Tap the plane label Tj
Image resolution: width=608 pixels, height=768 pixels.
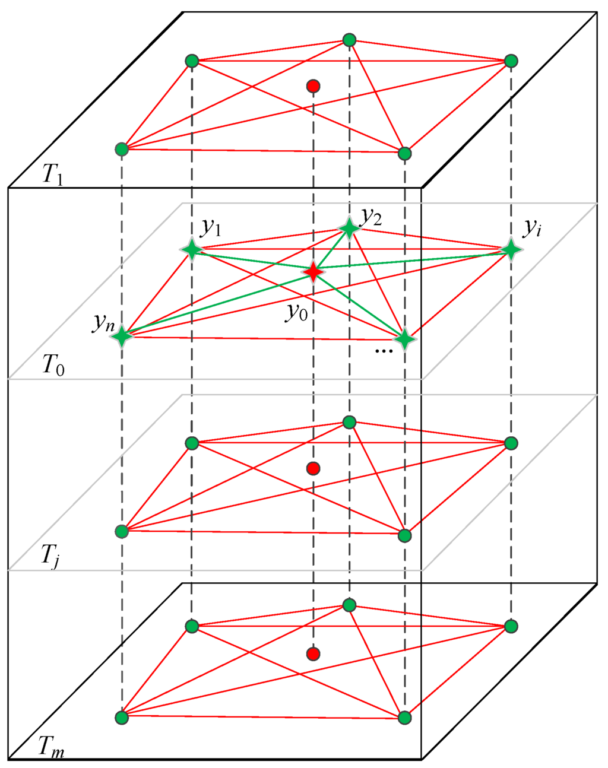(50, 557)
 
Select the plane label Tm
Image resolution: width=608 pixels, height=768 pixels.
(52, 747)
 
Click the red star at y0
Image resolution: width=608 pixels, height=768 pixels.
(313, 272)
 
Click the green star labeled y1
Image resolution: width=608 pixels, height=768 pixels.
(192, 249)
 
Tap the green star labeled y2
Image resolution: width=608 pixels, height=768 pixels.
(349, 228)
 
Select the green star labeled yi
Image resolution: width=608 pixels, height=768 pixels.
(511, 249)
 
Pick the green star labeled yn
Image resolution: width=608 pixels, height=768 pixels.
(122, 337)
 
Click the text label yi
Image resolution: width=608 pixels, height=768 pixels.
(532, 228)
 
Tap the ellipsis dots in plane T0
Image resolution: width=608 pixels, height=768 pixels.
(384, 351)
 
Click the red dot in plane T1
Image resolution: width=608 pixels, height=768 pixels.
(313, 87)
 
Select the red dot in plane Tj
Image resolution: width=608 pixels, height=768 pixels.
(313, 469)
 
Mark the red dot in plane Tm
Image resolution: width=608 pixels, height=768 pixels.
(313, 654)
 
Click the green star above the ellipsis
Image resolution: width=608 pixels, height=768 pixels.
(404, 339)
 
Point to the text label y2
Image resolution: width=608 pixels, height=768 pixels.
(371, 217)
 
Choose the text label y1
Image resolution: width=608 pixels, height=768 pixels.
(211, 227)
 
